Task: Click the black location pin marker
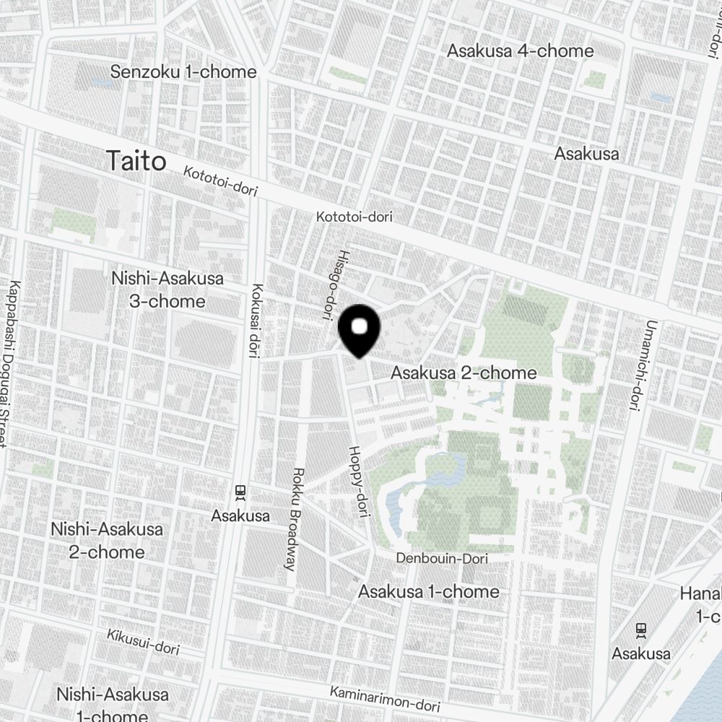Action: point(359,330)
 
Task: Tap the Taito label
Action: point(136,161)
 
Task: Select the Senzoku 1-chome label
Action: point(183,71)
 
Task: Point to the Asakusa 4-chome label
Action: point(520,51)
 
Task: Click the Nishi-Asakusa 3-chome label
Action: point(168,290)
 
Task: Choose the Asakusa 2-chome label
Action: point(464,373)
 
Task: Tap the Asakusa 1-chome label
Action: point(429,591)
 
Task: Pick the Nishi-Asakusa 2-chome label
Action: point(107,540)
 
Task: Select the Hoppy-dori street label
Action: point(359,482)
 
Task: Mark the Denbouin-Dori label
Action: point(442,559)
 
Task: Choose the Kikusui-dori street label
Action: point(143,640)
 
